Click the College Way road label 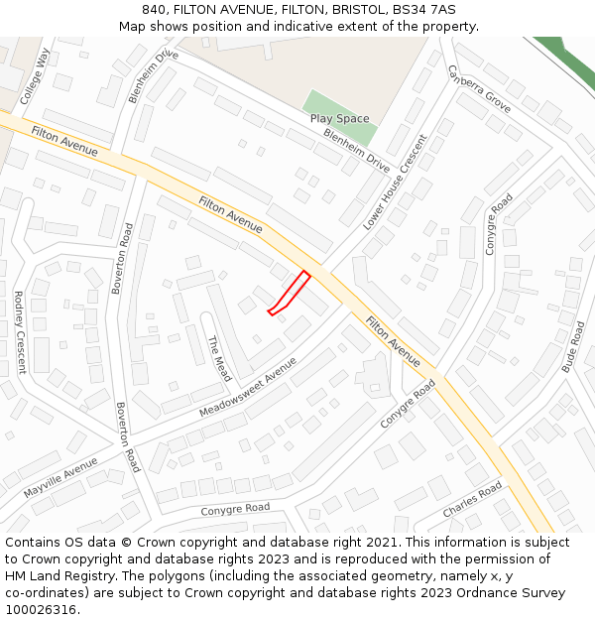[35, 76]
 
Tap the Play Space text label [339, 119]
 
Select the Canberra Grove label [479, 88]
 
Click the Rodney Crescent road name [19, 331]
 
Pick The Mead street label [218, 358]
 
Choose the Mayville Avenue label [60, 477]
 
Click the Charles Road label [472, 500]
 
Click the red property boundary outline [290, 293]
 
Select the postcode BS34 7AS [423, 9]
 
